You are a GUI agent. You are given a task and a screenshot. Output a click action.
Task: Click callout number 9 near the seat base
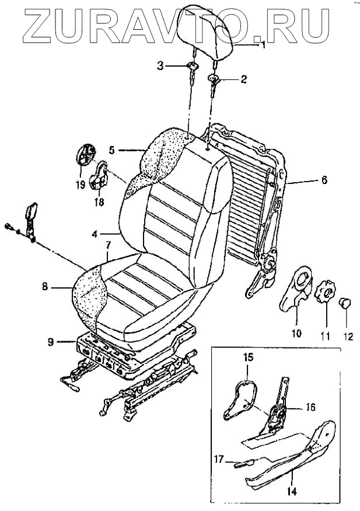coord(51,342)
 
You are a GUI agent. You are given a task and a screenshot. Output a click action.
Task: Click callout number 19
coord(81,185)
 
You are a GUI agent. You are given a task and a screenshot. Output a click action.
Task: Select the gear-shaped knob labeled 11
coord(325,291)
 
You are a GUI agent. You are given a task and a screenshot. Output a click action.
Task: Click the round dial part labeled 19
coord(86,157)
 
